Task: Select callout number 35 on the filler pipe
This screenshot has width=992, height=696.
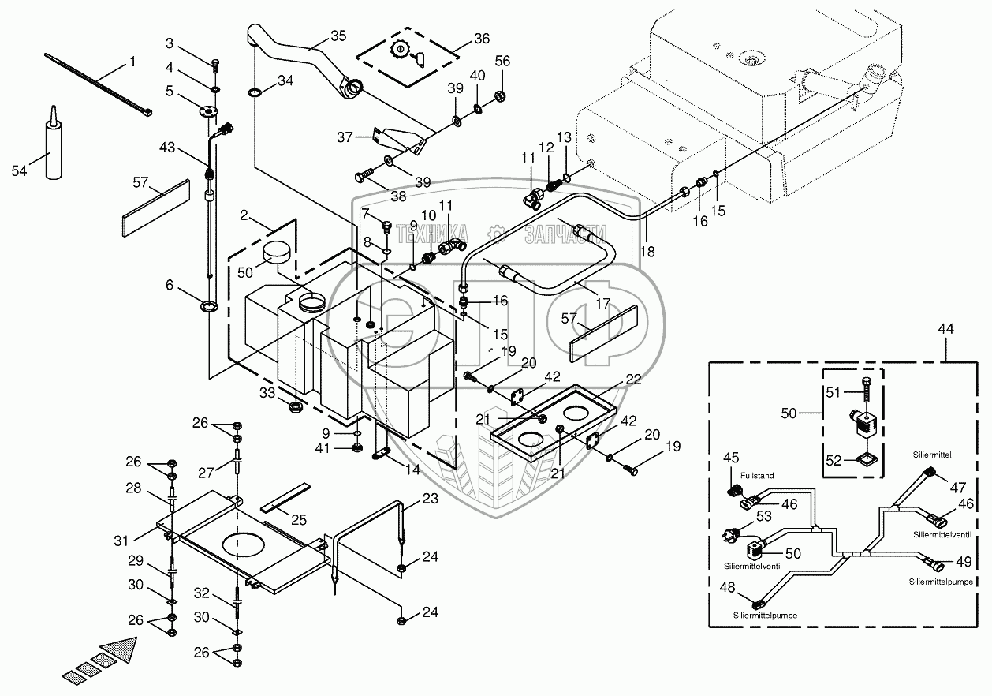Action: [x=338, y=36]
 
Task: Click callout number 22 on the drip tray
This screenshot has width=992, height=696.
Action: [x=633, y=378]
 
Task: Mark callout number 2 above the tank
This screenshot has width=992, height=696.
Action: [x=244, y=215]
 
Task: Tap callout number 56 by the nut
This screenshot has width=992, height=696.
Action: [x=502, y=61]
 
